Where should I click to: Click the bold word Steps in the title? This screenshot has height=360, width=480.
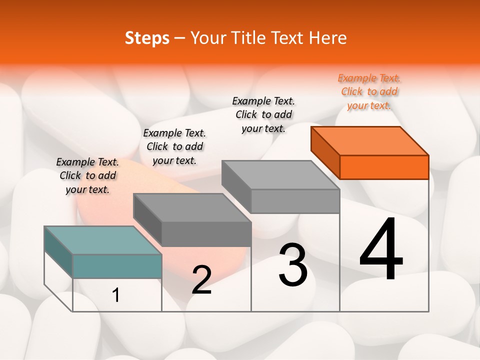point(147,38)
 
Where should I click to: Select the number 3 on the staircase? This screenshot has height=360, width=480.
point(293,265)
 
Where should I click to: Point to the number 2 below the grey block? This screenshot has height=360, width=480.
point(201,280)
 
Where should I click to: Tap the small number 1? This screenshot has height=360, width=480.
point(116,295)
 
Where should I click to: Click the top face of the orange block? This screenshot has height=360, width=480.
point(370,140)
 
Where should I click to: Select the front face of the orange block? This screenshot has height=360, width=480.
point(384,167)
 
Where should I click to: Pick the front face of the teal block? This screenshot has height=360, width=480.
point(117,266)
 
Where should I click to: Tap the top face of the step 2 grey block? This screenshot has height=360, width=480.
point(192,207)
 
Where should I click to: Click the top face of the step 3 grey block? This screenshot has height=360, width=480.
point(280,174)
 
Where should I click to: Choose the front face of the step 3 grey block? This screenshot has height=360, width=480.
point(295,201)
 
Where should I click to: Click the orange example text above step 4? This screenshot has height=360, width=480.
point(369,92)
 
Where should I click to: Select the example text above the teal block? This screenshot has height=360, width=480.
point(87,175)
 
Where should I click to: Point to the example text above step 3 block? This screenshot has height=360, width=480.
point(263,114)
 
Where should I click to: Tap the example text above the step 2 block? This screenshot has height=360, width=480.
point(174,146)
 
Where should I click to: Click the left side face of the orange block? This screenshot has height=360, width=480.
point(325,152)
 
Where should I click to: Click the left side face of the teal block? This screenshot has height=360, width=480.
point(58,251)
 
